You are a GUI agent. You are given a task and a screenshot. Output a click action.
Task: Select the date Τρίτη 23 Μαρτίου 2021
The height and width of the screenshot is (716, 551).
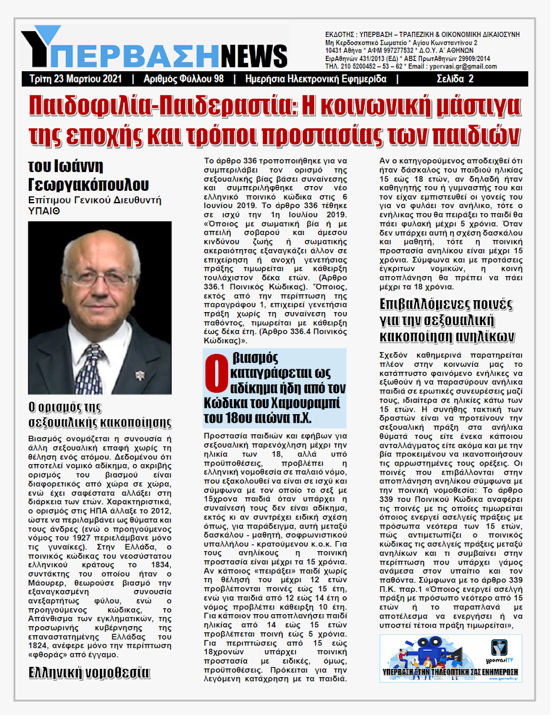[76, 79]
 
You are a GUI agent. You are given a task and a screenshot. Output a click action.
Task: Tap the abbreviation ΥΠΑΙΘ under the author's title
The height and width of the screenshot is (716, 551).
[44, 210]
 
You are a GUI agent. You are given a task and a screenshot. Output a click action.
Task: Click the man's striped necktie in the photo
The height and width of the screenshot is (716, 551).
[90, 366]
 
